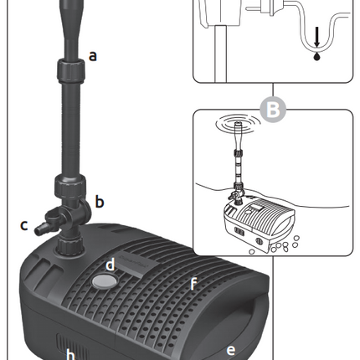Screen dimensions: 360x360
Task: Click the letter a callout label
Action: pos(93,55)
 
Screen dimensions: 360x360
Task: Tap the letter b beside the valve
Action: pos(100,201)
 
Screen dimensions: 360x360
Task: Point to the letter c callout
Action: pos(24,225)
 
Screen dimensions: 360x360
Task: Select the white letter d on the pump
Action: pos(111,264)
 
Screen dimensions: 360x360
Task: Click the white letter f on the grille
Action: pos(193,284)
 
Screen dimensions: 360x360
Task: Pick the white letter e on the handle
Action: pos(231,350)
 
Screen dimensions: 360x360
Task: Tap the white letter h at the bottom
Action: pos(70,355)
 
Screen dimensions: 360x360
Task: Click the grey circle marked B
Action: pos(273,110)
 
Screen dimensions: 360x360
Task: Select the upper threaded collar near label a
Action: pos(71,69)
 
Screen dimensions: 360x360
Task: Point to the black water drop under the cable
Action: pos(316,56)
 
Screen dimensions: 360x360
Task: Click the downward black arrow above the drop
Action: pos(316,37)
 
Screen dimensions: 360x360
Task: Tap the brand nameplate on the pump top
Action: pos(133,264)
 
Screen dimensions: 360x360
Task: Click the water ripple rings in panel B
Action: pos(238,123)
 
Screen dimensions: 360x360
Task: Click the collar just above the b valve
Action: pos(69,185)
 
